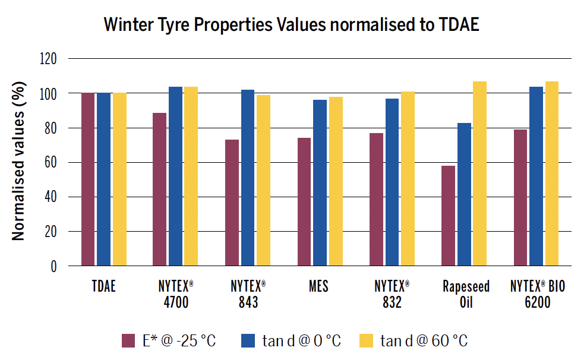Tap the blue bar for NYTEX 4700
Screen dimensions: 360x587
(175, 176)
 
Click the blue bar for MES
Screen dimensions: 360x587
(320, 182)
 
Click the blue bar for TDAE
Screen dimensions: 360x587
(103, 179)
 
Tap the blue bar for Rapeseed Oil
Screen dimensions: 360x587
(464, 194)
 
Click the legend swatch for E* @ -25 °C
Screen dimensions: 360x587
(128, 340)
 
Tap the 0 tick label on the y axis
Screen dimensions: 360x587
(53, 266)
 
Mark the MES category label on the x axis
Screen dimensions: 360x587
(318, 287)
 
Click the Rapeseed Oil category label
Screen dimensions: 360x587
(466, 294)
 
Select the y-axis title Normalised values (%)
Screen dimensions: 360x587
(19, 163)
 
